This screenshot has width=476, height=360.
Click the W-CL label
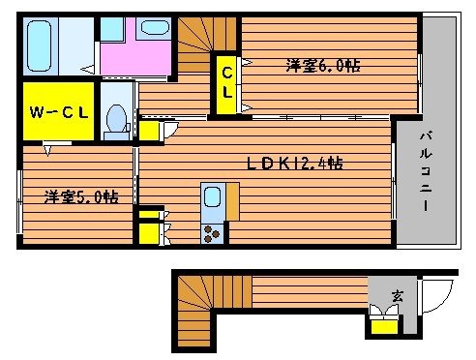[59, 113]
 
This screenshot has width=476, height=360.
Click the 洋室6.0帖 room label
[323, 67]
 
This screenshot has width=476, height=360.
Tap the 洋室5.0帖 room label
[81, 196]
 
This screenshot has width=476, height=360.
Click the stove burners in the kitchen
[212, 232]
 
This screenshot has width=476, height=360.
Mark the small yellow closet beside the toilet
[149, 130]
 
